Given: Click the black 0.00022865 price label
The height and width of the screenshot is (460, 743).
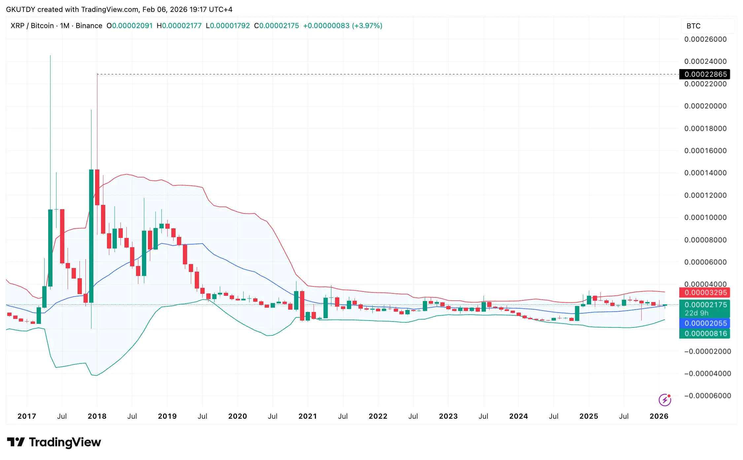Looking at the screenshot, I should pyautogui.click(x=705, y=74).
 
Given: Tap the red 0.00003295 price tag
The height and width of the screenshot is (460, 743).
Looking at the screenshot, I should pyautogui.click(x=705, y=292).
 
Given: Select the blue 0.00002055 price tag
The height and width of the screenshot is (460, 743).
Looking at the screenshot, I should pyautogui.click(x=705, y=323).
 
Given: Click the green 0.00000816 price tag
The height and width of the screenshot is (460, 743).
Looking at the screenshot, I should pyautogui.click(x=705, y=333).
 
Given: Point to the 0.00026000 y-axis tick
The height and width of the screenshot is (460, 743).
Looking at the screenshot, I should pyautogui.click(x=705, y=39).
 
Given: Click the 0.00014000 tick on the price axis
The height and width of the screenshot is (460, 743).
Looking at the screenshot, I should pyautogui.click(x=705, y=173).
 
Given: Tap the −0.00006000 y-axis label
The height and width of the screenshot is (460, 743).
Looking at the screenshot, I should pyautogui.click(x=707, y=396).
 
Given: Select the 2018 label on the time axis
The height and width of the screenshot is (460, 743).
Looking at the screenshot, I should pyautogui.click(x=97, y=416).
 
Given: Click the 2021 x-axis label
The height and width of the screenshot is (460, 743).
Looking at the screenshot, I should pyautogui.click(x=308, y=416).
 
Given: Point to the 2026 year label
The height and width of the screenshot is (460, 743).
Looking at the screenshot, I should pyautogui.click(x=659, y=416).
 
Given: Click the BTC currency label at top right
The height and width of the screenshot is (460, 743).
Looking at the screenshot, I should pyautogui.click(x=693, y=26).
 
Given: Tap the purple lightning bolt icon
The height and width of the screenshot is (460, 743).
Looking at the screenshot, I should pyautogui.click(x=664, y=400).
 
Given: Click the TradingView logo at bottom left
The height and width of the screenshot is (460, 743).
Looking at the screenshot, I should pyautogui.click(x=54, y=442).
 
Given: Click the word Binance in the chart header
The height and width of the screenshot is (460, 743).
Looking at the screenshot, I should pyautogui.click(x=89, y=26).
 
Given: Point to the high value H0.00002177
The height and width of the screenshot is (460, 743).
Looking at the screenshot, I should pyautogui.click(x=179, y=26).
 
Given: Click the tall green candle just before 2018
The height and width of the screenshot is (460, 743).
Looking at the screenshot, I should pyautogui.click(x=91, y=236).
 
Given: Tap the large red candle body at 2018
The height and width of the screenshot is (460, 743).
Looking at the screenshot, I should pyautogui.click(x=97, y=187).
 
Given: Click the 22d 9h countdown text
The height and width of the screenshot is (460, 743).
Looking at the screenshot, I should pyautogui.click(x=696, y=313).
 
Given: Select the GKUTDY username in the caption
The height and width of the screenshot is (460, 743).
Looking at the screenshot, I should pyautogui.click(x=20, y=9).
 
